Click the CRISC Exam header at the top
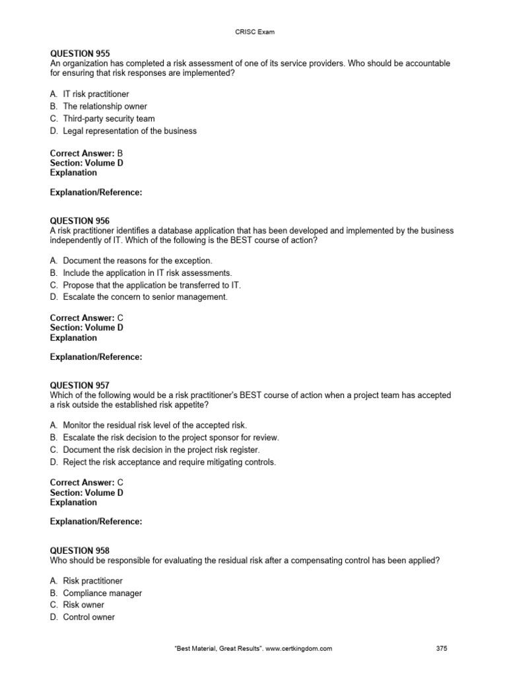pyautogui.click(x=253, y=30)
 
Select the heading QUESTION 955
pyautogui.click(x=80, y=53)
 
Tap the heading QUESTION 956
pyautogui.click(x=80, y=220)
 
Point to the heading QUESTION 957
pyautogui.click(x=80, y=386)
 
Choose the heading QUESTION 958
pyautogui.click(x=80, y=551)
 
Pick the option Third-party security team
pyautogui.click(x=108, y=119)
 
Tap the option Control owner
pyautogui.click(x=88, y=617)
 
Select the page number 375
pyautogui.click(x=442, y=648)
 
